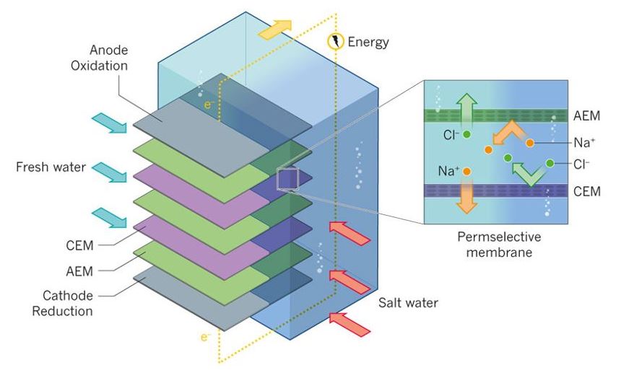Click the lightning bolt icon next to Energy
coord(336,42)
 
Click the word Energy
coord(368,42)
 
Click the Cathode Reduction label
coord(66,304)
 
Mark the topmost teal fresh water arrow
coord(109,123)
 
